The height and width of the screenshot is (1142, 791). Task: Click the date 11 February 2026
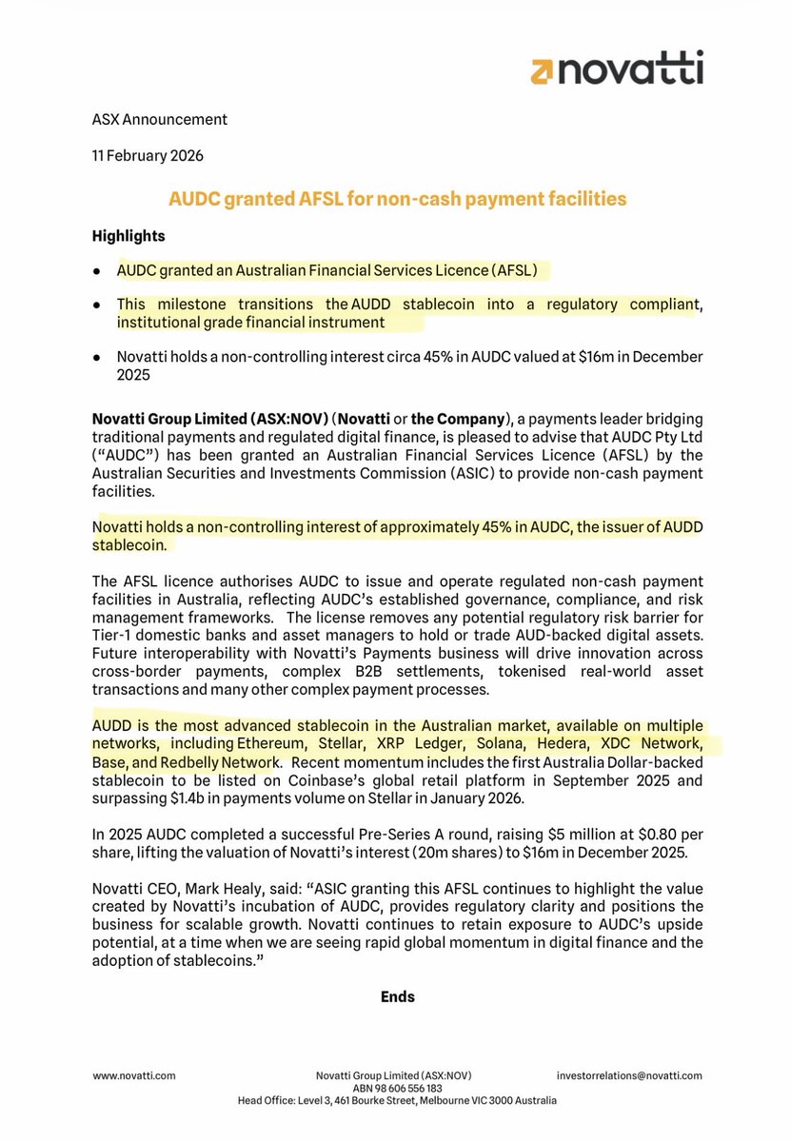coord(148,155)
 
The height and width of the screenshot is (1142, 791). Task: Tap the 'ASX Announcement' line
coord(160,120)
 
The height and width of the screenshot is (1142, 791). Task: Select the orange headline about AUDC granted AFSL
coord(397,199)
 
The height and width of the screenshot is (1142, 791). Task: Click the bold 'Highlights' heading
coord(129,235)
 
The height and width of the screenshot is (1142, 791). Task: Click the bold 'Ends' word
coord(397,997)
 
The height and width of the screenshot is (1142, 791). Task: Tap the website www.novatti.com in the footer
coord(134,1075)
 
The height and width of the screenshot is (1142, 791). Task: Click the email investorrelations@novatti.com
coord(629,1075)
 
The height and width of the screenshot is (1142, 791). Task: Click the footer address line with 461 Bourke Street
coord(397,1100)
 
